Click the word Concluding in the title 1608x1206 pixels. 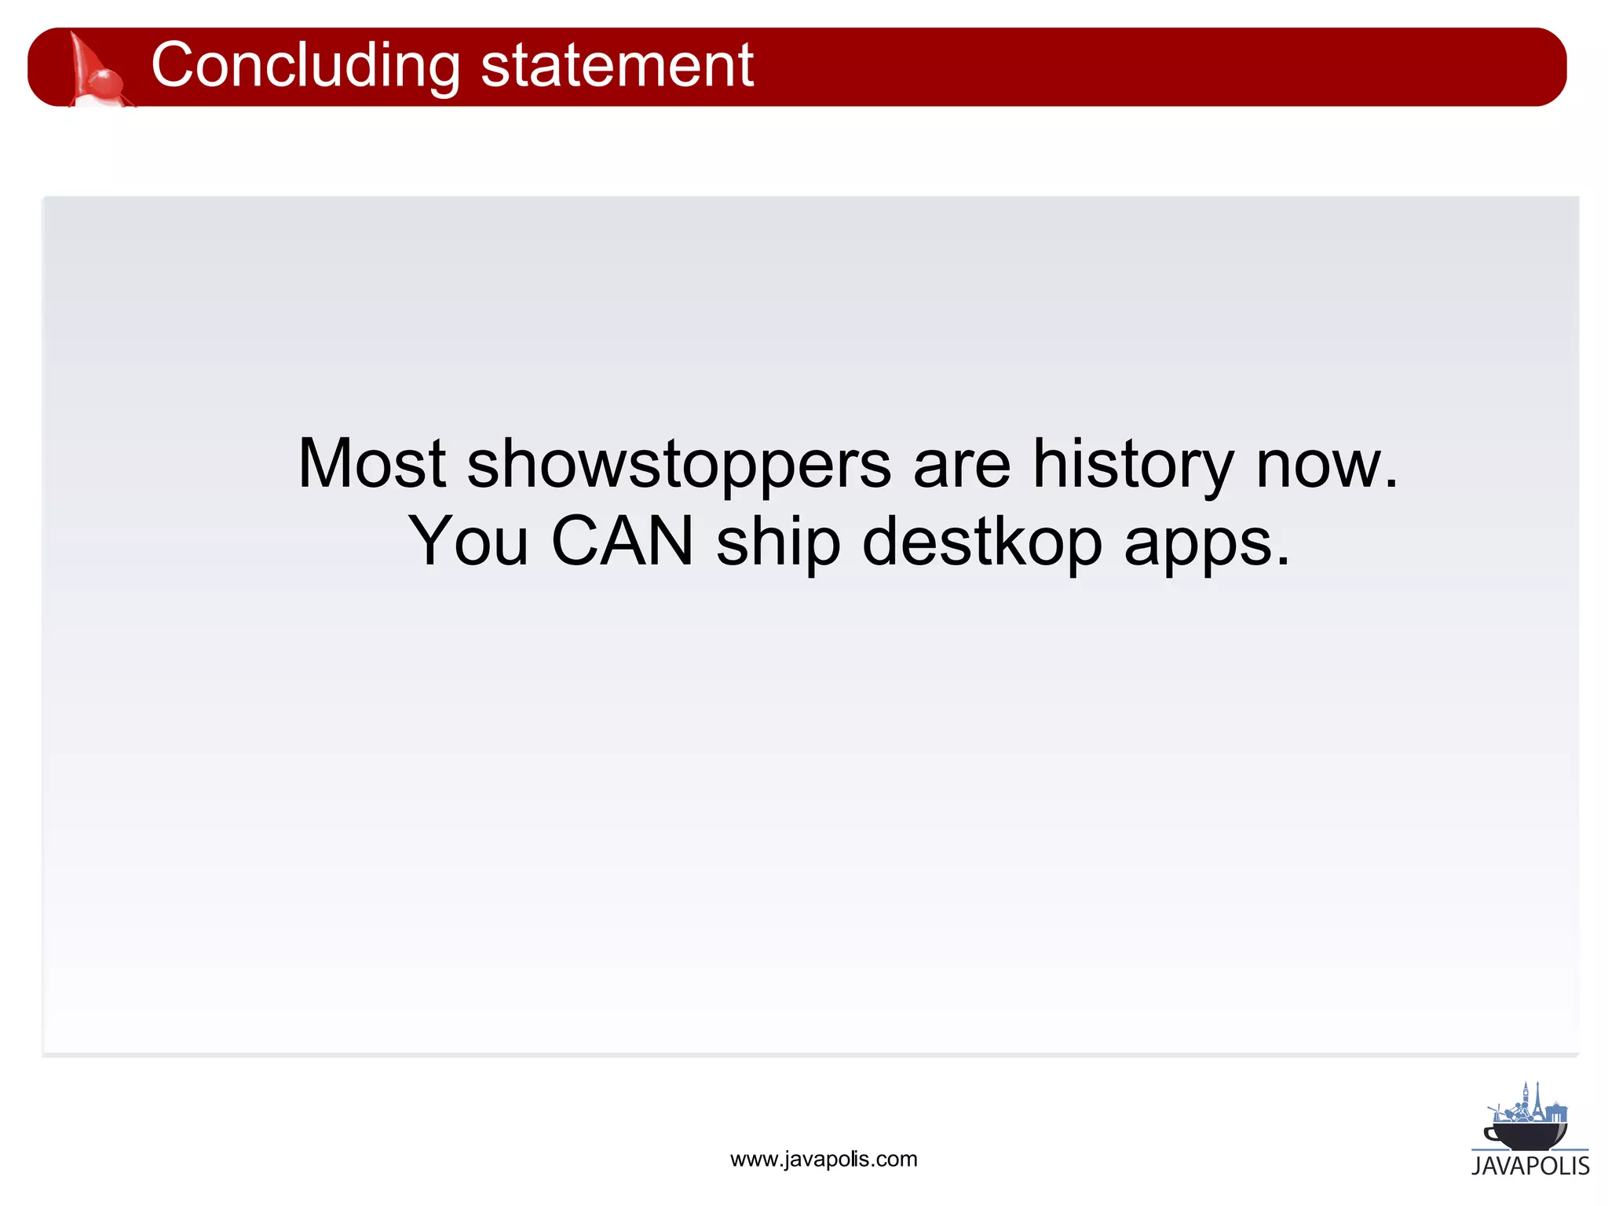(305, 66)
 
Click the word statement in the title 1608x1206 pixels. (616, 66)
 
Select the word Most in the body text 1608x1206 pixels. (371, 464)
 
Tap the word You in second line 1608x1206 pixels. (469, 542)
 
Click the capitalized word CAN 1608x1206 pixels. (623, 542)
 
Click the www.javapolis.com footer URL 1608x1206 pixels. (823, 1160)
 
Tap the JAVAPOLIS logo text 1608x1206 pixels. (1530, 1166)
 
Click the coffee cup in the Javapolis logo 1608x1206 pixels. (1526, 1135)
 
